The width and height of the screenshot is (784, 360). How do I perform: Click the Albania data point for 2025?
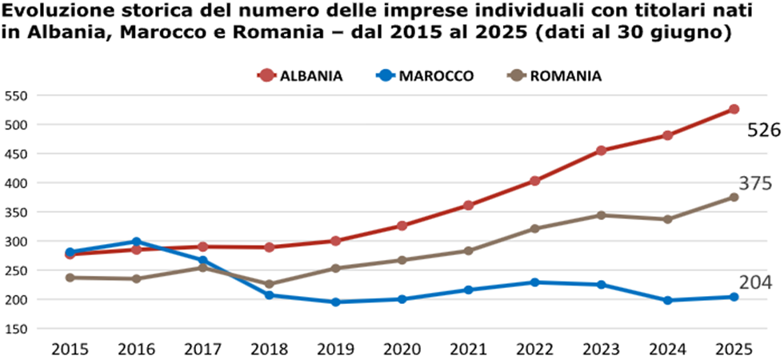pos(734,109)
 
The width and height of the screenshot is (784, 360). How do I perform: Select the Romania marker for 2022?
pos(535,229)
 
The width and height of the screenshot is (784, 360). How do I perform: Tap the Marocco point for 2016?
pos(136,242)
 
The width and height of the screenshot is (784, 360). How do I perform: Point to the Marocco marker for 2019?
pos(335,302)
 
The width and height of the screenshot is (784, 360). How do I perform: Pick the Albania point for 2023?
pos(602,150)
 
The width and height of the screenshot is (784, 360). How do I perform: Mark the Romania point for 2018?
pos(269,284)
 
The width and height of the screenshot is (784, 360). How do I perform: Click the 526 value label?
pos(763,130)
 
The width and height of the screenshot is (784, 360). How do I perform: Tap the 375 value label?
pos(755,184)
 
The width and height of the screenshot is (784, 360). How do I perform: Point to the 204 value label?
pos(755,282)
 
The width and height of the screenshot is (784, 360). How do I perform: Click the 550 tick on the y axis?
pos(16,95)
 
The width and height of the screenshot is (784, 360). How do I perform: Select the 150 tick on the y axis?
pos(16,329)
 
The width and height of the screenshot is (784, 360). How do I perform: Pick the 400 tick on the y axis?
pos(16,183)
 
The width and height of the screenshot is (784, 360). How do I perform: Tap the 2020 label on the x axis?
pos(402,349)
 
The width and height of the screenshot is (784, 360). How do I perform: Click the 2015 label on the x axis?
pos(70,349)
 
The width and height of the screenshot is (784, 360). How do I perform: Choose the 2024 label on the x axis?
pos(667,349)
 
